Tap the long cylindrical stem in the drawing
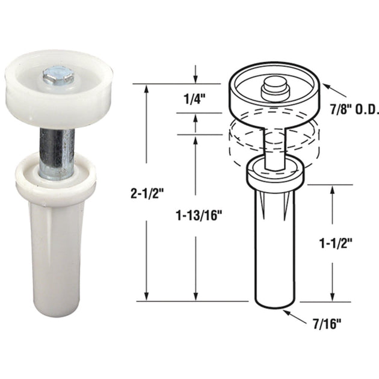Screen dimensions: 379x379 [275, 253]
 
